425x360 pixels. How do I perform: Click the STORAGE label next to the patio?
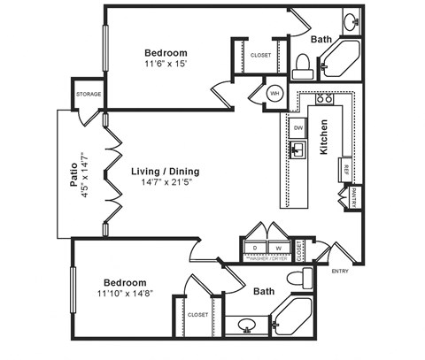(x=89, y=94)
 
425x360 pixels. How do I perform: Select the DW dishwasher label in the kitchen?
(x=298, y=128)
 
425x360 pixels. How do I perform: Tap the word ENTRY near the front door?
(x=340, y=271)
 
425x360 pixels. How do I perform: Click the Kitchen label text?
(x=324, y=137)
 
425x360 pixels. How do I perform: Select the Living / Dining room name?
(x=165, y=171)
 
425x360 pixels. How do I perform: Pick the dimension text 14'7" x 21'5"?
(x=165, y=184)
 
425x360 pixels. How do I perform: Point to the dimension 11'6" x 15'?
(x=166, y=65)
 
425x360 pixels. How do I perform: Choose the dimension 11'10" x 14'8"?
(x=130, y=293)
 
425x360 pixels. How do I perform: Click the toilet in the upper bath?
(x=302, y=65)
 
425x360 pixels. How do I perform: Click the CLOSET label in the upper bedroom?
(x=260, y=55)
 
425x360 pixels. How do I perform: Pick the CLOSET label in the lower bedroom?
(x=198, y=314)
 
